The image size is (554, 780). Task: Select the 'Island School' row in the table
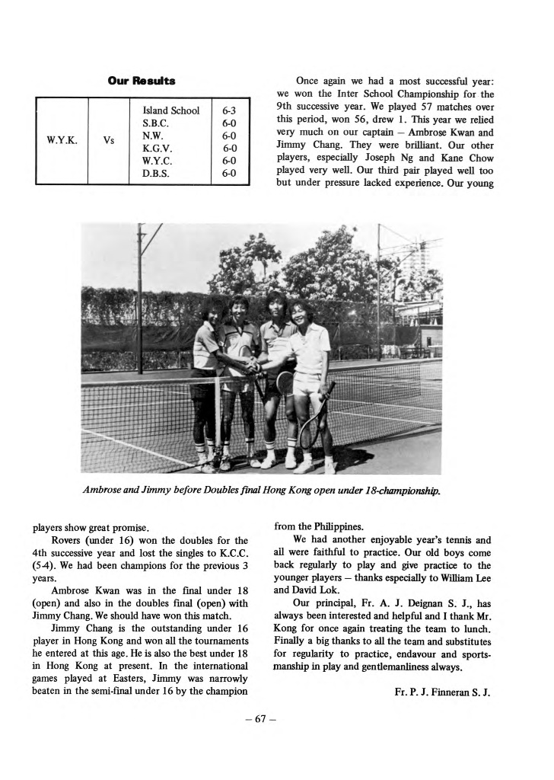click(171, 110)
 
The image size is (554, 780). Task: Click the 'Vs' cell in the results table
click(110, 141)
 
